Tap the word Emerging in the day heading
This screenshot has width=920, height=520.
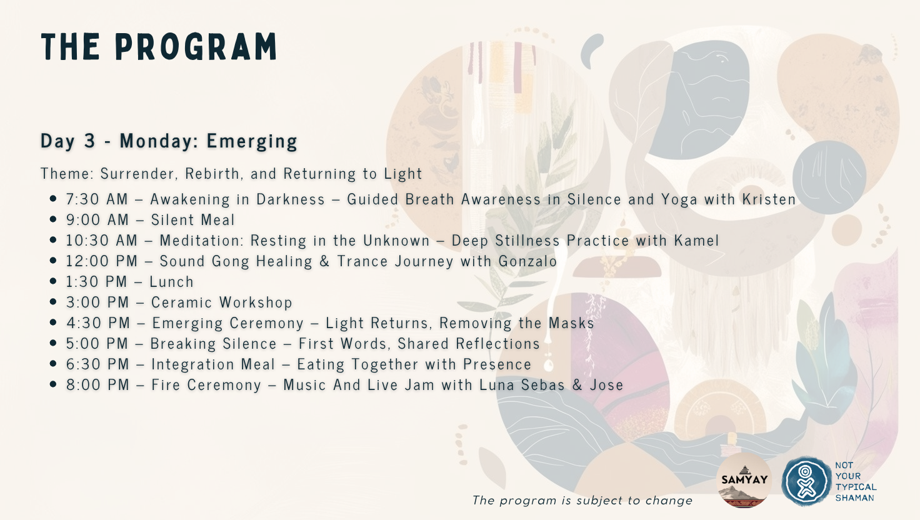[x=252, y=141]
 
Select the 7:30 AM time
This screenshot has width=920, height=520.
[x=97, y=199]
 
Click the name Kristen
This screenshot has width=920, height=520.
[x=769, y=199]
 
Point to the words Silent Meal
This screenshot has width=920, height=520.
[x=192, y=220]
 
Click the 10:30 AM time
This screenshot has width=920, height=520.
[x=102, y=240]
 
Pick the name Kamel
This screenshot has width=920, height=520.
[x=697, y=240]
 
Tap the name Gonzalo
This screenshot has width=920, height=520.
[x=527, y=261]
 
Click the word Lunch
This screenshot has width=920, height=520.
[x=171, y=282]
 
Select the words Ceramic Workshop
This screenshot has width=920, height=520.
[x=222, y=302]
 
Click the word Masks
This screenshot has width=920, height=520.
[x=572, y=323]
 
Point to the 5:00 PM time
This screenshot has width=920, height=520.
[x=97, y=343]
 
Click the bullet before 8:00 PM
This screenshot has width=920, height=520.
[x=52, y=384]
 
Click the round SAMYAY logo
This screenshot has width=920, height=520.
[x=744, y=480]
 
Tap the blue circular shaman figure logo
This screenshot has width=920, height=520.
[x=806, y=481]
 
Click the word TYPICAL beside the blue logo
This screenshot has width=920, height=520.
[x=856, y=487]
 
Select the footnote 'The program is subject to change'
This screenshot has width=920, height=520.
[x=582, y=500]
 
